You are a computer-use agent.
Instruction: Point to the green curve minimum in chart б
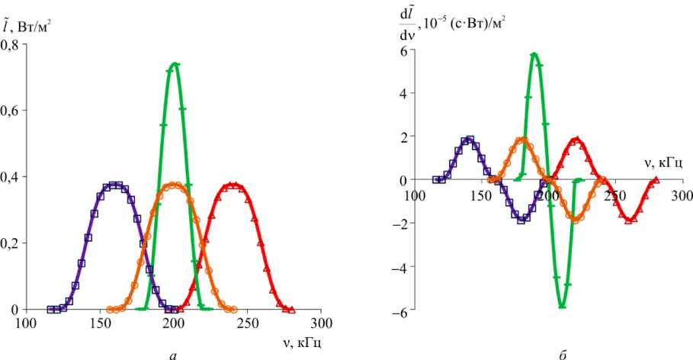[562, 306]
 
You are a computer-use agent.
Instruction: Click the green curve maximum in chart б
[535, 54]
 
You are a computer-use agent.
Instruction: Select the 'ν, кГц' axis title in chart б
[663, 162]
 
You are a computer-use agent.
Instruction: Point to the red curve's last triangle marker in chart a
[291, 309]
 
